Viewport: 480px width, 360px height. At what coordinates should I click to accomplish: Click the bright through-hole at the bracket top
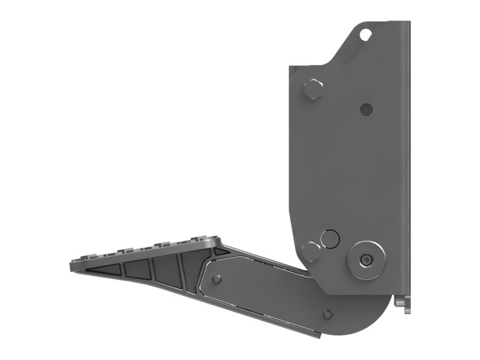364,35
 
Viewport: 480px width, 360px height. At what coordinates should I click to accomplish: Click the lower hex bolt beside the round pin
311,250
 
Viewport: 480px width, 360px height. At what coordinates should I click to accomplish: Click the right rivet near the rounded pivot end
327,314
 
